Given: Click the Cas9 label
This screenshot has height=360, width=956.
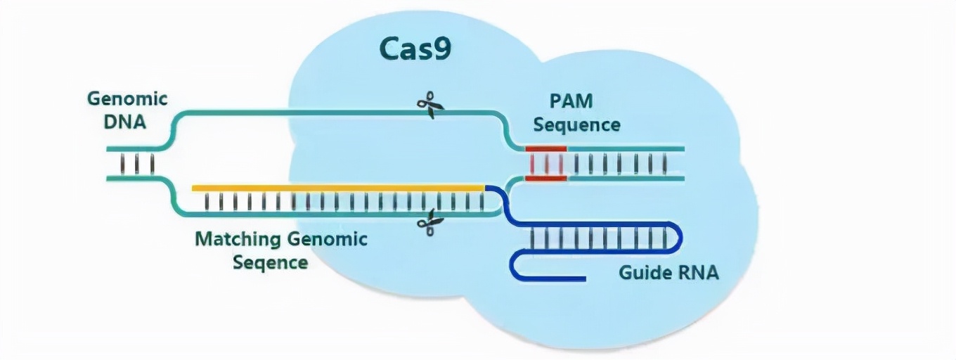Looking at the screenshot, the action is coord(415,49).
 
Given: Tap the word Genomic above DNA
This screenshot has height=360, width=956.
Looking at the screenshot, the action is coord(127,100).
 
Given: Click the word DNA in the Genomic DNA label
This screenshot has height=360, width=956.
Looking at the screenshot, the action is coord(125,122).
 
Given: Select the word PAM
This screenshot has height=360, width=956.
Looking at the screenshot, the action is coord(571,101).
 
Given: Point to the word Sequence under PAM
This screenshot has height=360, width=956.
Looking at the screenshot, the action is coord(576,125).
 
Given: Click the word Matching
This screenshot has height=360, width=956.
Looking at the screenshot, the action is coord(238,239).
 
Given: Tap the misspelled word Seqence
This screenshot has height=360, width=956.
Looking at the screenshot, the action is coord(270,263).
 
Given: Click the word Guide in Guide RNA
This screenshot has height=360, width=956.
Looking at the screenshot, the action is coord(643,272).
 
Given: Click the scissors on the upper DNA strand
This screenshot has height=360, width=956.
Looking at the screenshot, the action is coord(430,105).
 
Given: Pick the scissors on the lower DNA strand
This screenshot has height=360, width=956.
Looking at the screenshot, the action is coord(430,222).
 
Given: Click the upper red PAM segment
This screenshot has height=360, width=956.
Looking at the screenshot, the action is coord(546,149).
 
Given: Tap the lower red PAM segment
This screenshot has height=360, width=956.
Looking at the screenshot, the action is coord(546,178).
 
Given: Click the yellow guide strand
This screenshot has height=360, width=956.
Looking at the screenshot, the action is coord(338,188).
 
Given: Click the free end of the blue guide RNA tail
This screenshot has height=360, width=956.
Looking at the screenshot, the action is coord(585,279).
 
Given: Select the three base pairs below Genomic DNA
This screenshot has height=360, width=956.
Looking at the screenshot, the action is coord(136,164).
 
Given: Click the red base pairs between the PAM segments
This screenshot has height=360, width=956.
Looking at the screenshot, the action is coord(546,164).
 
